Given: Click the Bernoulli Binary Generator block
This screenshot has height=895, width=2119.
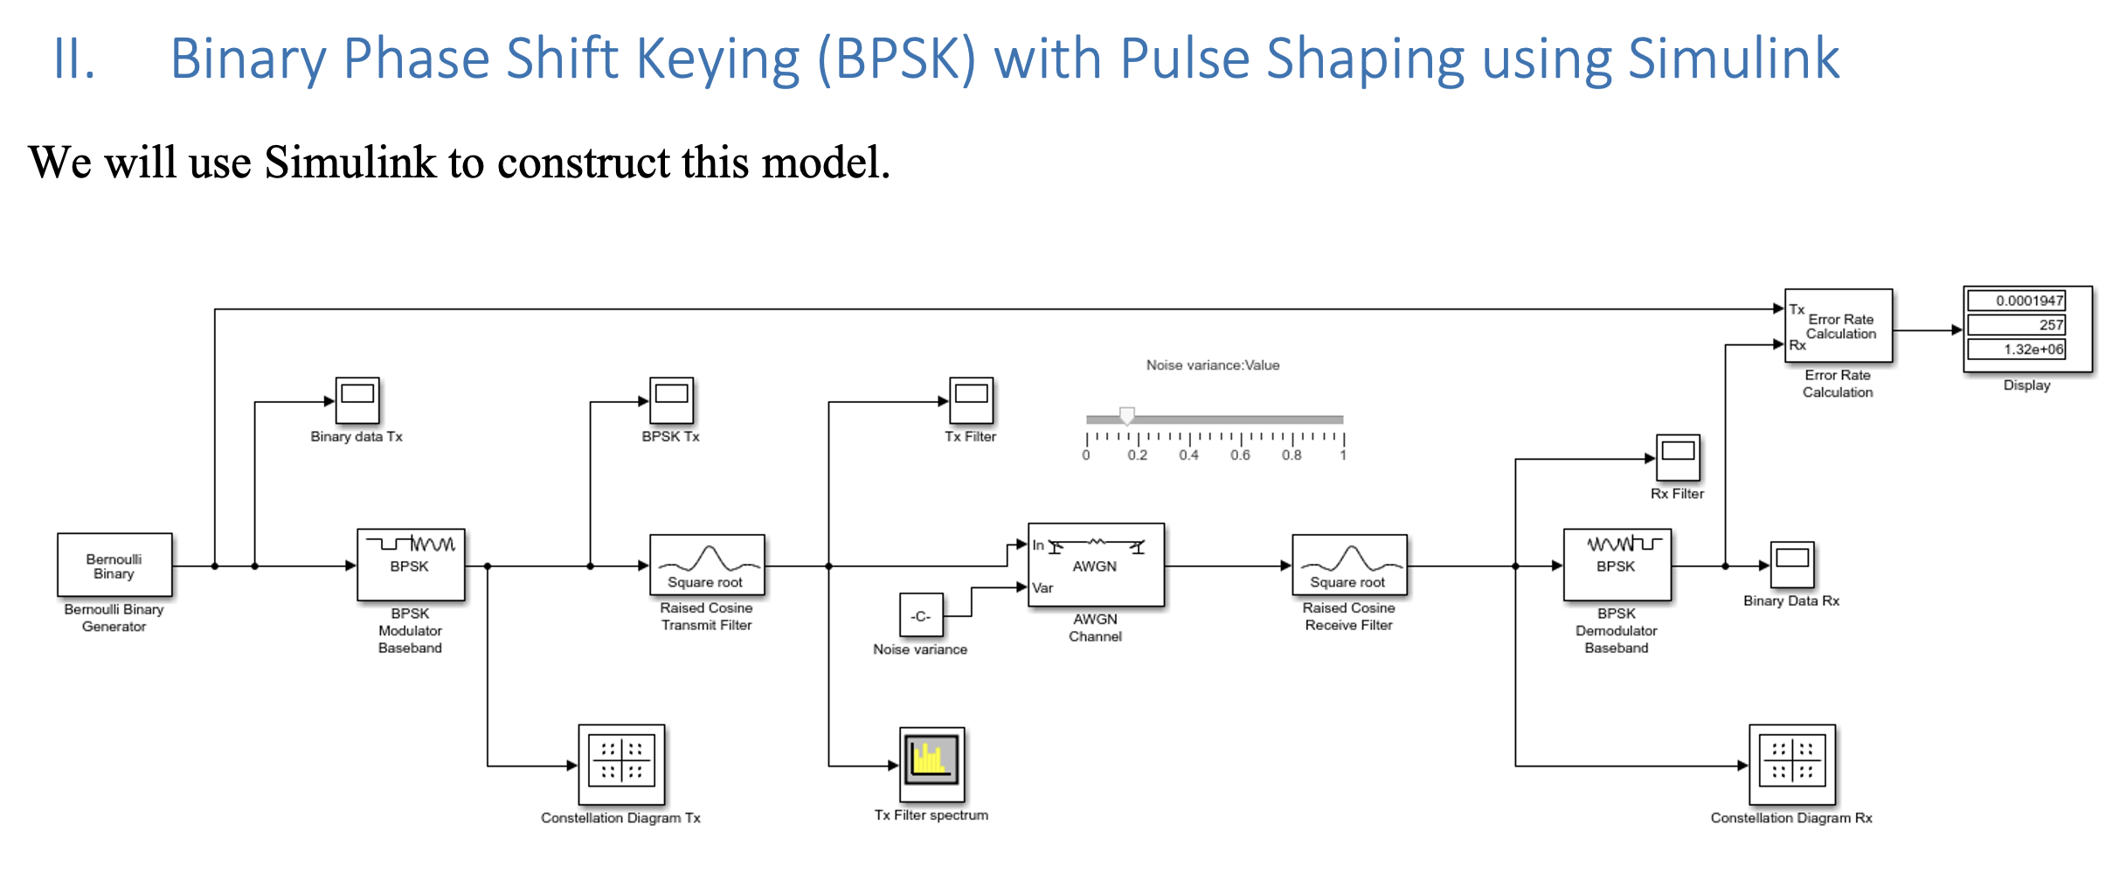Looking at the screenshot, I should coord(114,565).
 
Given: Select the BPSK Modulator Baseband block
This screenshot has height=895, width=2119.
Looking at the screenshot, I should coord(411,565).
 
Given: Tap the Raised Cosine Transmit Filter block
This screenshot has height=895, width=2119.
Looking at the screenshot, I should coord(707,565).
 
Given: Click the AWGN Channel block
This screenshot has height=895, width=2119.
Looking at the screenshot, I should coord(1096,565).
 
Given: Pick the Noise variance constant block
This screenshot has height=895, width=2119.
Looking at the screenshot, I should coord(921,615).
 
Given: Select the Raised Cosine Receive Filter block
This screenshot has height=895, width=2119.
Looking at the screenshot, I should coord(1349,565).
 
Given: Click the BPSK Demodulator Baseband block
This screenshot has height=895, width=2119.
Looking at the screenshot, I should coord(1617,565).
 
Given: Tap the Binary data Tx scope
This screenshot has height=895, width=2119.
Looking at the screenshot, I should coord(357,400).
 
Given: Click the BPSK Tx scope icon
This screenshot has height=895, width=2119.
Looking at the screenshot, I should coord(671,400).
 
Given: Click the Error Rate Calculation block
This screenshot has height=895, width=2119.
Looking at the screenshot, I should coord(1839,326).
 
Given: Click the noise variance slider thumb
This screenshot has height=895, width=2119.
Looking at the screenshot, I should coord(1127,416).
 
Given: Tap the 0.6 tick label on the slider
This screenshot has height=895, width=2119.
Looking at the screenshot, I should coord(1240,455).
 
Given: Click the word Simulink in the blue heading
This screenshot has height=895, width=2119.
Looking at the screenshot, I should coord(1734,59).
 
